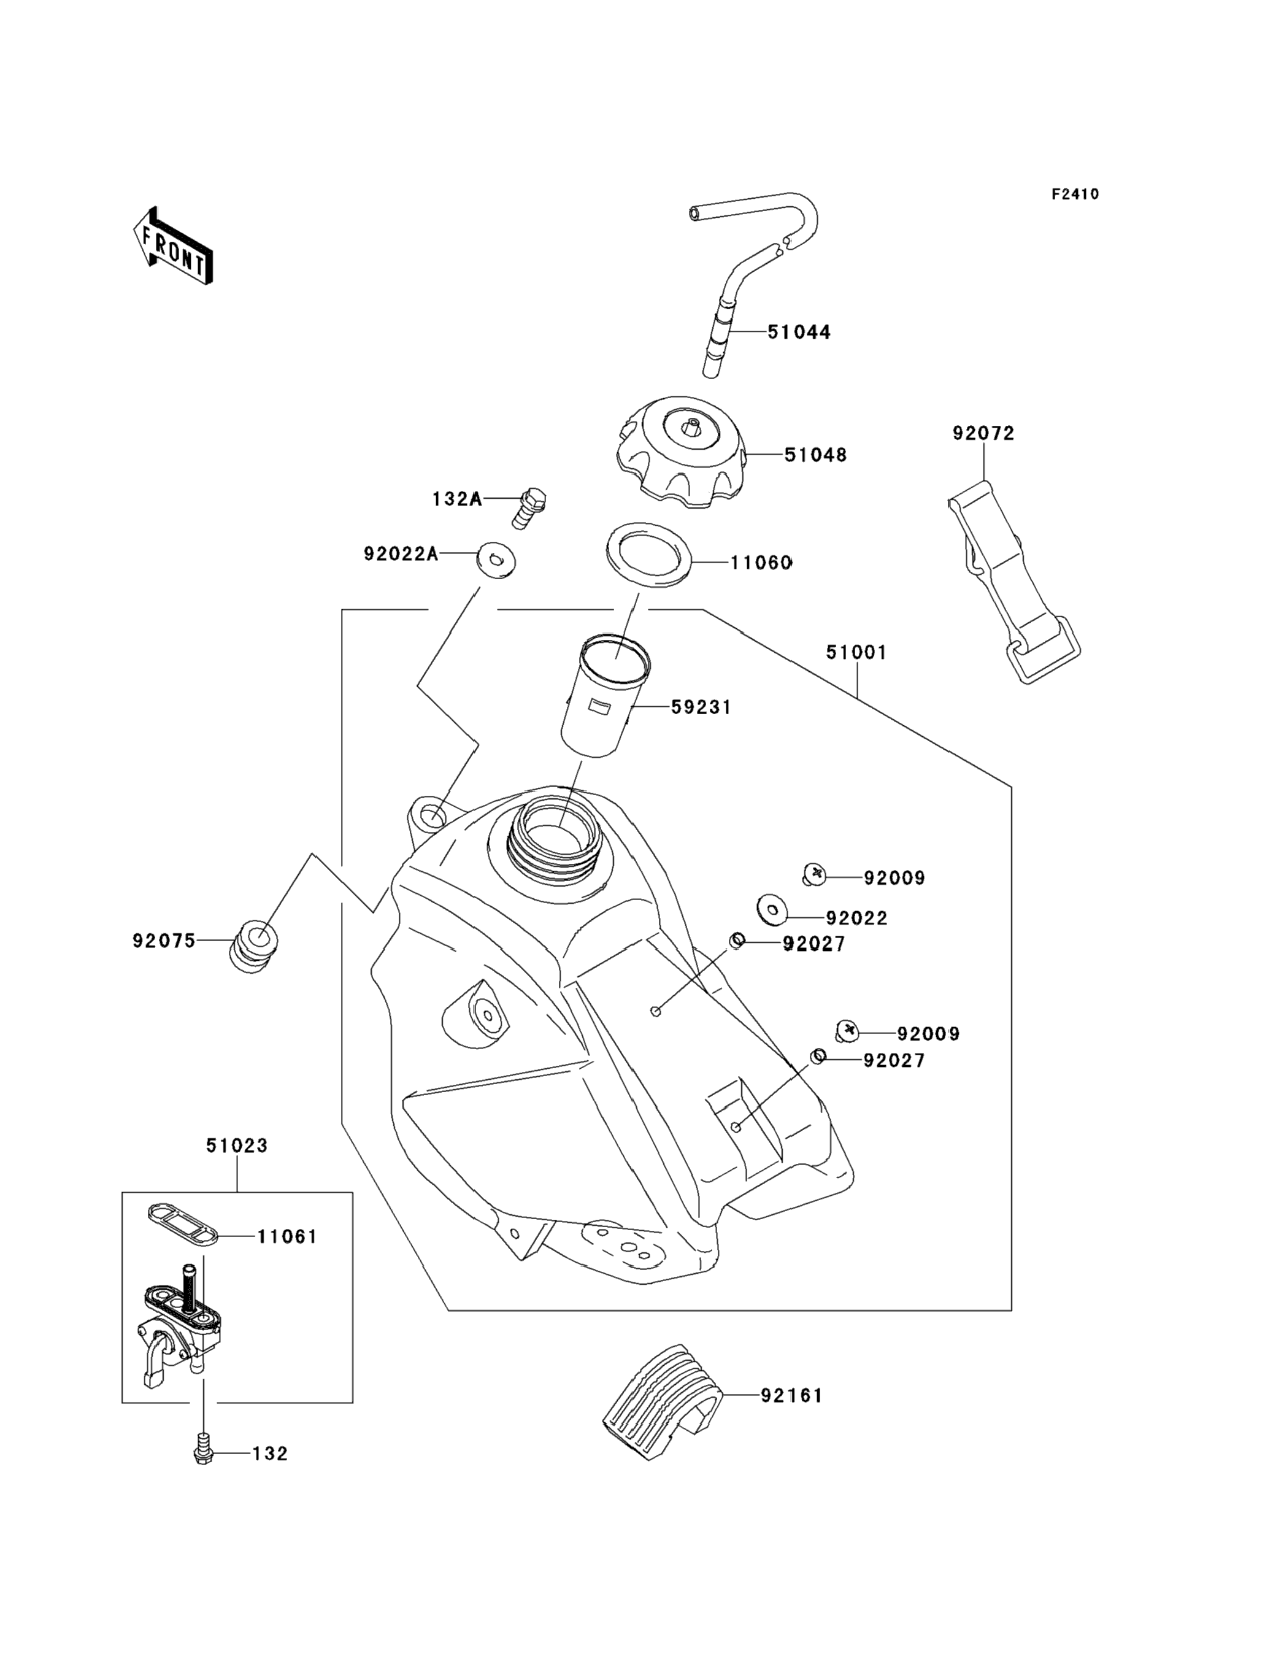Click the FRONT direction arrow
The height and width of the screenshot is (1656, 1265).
point(173,246)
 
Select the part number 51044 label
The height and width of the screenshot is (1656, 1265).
point(798,332)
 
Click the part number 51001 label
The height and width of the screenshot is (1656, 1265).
point(856,652)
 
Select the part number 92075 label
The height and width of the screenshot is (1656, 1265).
point(163,941)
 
